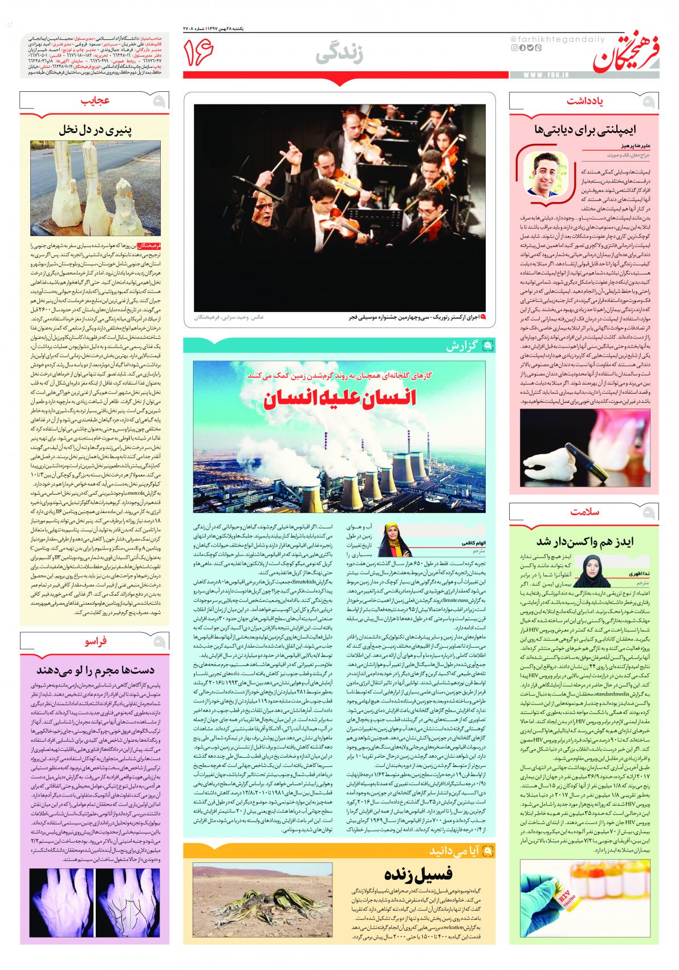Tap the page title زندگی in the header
coord(341,55)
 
